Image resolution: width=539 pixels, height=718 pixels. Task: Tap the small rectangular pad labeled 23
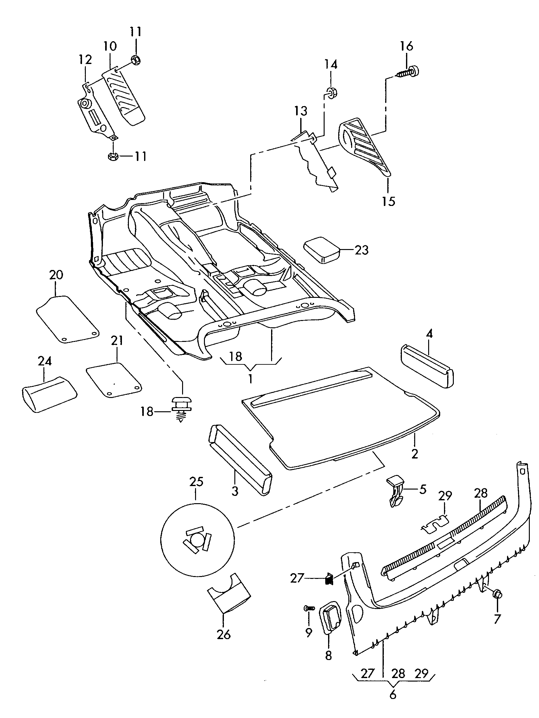pyautogui.click(x=321, y=250)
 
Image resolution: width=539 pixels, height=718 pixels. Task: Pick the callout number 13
pyautogui.click(x=301, y=111)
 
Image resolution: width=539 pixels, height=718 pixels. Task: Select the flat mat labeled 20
pyautogui.click(x=67, y=319)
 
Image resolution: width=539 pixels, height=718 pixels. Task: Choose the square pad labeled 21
pyautogui.click(x=114, y=379)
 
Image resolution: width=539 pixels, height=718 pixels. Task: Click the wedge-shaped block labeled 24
pyautogui.click(x=49, y=394)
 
